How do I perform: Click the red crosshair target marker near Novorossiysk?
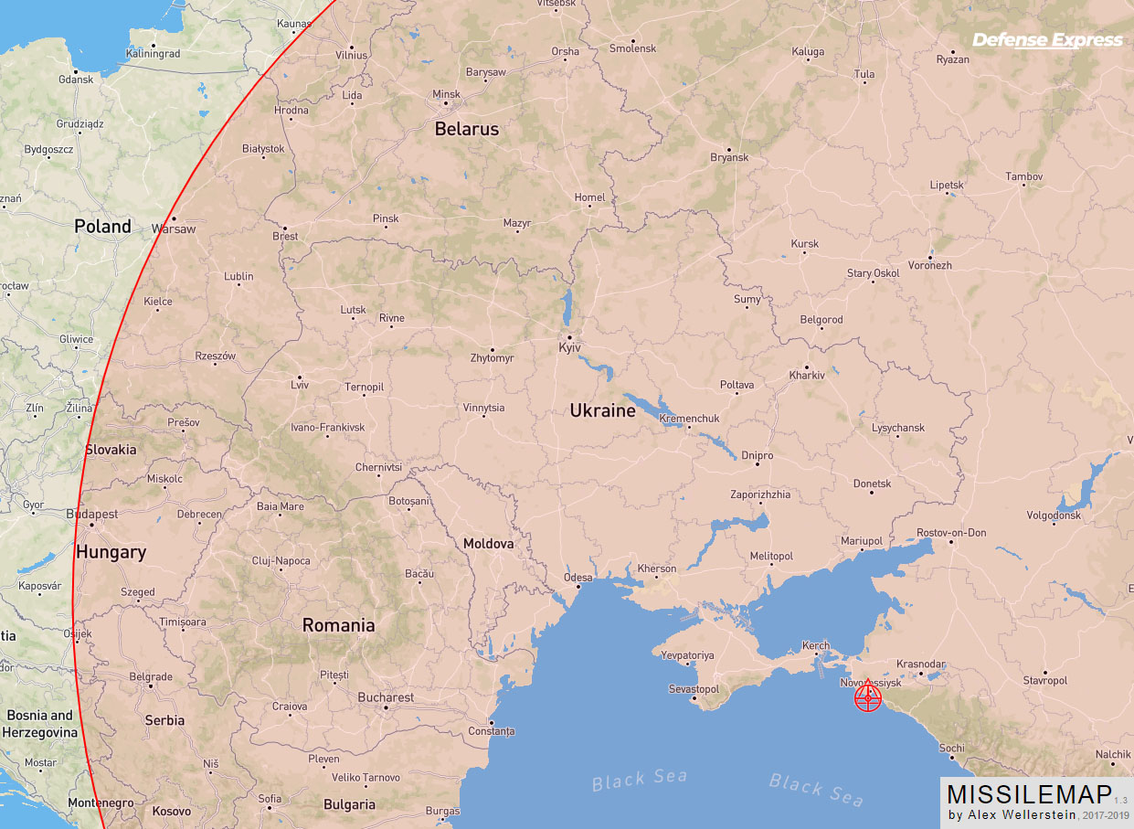coord(867,698)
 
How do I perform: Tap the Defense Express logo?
coord(1047,40)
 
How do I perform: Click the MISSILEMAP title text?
coord(1029,793)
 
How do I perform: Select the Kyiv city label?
coord(570,348)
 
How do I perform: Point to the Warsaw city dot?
coord(173,218)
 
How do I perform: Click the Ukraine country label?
coord(602,411)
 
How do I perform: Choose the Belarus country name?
coord(466,129)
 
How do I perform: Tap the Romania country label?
coord(338,626)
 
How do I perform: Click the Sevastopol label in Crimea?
coord(694,688)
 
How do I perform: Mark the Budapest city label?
coord(92,514)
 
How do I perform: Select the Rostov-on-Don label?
coord(951,533)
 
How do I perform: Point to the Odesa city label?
coord(578,578)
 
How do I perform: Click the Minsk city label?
coord(446,94)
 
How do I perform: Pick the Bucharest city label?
coord(386,697)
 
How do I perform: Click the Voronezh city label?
coord(930,265)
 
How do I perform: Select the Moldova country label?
coord(488,544)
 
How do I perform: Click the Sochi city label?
coord(951,749)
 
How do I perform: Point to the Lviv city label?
coord(300,385)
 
